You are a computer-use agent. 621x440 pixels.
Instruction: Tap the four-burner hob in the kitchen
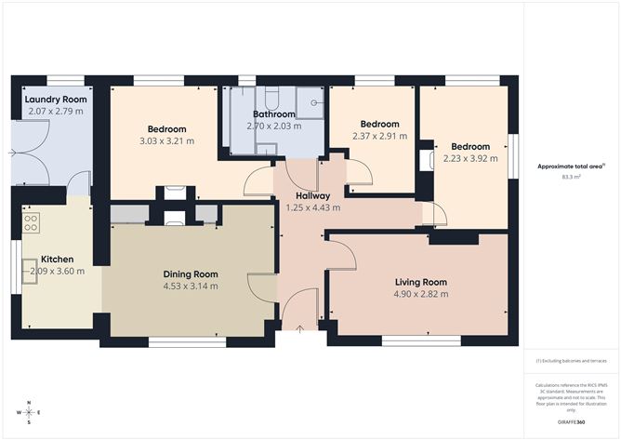[x=31, y=223]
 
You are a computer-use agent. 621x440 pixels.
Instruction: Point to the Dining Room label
[x=191, y=273]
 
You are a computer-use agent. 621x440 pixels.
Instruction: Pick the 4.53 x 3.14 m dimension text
[x=191, y=286]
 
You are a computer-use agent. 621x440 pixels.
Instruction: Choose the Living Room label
[x=420, y=282]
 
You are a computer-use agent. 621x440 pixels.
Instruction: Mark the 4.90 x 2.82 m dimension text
[x=420, y=294]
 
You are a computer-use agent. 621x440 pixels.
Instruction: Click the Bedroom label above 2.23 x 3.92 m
[x=470, y=146]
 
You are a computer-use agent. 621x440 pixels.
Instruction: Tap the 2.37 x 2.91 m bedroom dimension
[x=379, y=136]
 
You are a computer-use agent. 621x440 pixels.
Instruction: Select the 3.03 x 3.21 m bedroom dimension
[x=166, y=141]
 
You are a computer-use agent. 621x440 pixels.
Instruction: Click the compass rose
[x=30, y=411]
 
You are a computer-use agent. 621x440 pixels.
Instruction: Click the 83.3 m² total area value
[x=571, y=176]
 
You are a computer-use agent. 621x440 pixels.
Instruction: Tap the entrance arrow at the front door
[x=299, y=327]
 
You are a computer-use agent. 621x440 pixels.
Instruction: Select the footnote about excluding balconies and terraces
[x=570, y=361]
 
